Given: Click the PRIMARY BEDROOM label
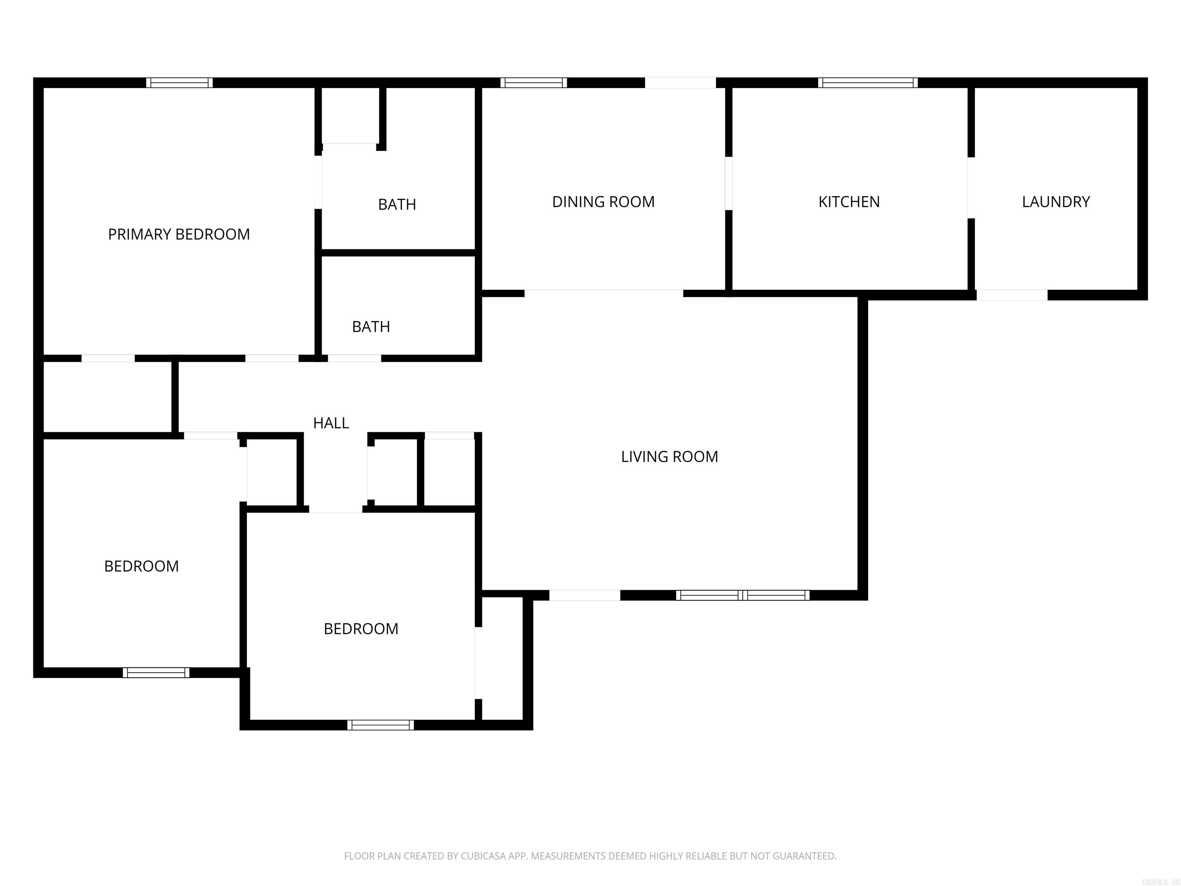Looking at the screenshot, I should click(x=179, y=235).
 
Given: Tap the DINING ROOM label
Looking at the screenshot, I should click(x=603, y=202).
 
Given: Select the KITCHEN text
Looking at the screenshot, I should click(x=849, y=202).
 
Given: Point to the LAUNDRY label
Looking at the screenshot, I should click(x=1056, y=202).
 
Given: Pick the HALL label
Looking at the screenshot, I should click(x=331, y=423).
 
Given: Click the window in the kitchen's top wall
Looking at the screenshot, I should click(x=868, y=83).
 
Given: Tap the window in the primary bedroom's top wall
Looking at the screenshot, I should click(x=180, y=83).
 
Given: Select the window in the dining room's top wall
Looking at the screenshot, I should click(x=533, y=83).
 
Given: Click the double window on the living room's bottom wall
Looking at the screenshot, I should click(x=743, y=595).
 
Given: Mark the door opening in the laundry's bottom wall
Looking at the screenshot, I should click(x=1012, y=295).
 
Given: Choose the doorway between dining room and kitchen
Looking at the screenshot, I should click(x=728, y=183).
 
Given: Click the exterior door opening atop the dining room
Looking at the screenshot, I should click(x=680, y=83).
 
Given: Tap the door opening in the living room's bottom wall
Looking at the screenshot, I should click(x=585, y=595).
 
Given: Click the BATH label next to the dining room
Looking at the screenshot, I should click(x=397, y=205).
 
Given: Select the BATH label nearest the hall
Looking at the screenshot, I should click(x=371, y=327).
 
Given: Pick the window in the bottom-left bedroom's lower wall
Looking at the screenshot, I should click(x=156, y=672).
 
